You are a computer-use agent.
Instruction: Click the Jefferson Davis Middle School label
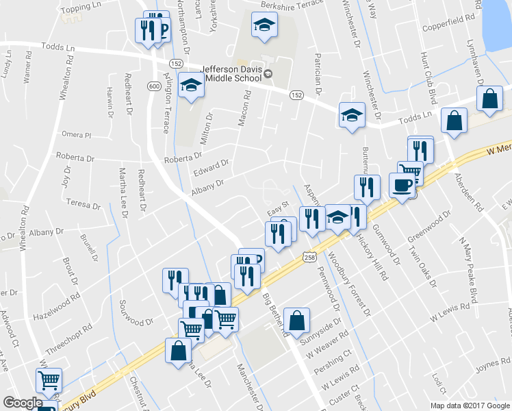coord(231,73)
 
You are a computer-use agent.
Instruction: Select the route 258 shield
coord(309,256)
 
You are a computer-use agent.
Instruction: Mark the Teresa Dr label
coord(84,203)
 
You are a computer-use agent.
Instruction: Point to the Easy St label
coord(279,204)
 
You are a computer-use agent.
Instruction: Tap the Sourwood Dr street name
coord(136,321)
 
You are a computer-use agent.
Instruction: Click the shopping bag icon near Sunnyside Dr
coord(298,320)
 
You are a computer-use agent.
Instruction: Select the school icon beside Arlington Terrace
coord(192,86)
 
